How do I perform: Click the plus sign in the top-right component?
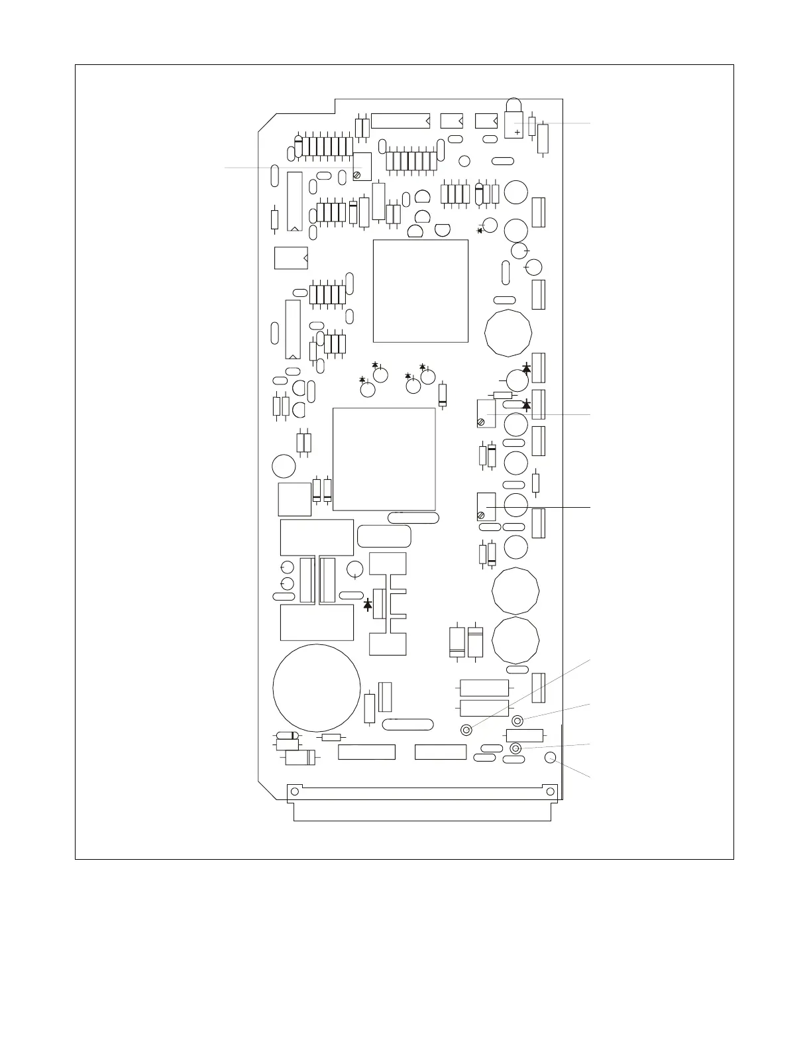(x=517, y=132)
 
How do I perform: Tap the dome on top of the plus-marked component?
(x=514, y=105)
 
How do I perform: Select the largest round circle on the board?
(x=317, y=688)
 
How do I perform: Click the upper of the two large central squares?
(x=421, y=291)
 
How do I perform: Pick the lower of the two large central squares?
(x=384, y=459)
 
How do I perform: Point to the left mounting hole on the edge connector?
(x=296, y=791)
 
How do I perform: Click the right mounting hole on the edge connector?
(x=548, y=791)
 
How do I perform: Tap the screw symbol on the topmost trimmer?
(x=357, y=175)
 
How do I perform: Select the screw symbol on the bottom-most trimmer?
(x=480, y=515)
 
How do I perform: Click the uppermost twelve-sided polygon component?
(x=508, y=332)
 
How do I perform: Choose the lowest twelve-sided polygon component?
(x=515, y=640)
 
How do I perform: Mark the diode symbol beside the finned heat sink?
(x=368, y=605)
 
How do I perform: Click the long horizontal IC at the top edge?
(x=401, y=121)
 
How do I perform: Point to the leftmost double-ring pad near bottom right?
(x=466, y=730)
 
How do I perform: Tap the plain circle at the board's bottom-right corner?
(x=550, y=758)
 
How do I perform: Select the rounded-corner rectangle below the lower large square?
(x=384, y=536)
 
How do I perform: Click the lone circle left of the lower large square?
(x=284, y=465)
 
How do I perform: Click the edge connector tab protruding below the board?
(x=422, y=812)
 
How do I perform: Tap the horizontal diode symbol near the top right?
(x=480, y=230)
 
